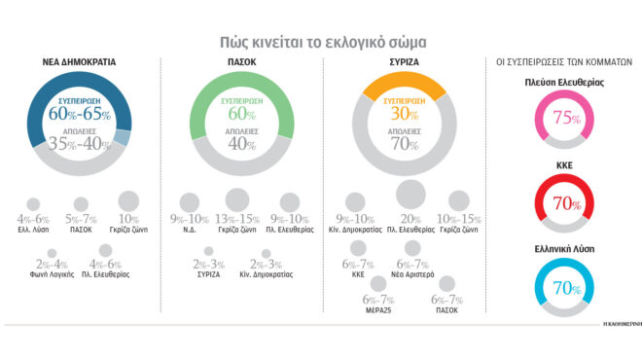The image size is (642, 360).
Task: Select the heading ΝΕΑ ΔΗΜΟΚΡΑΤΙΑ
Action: (x=80, y=62)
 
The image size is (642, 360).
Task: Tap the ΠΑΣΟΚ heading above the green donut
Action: (x=232, y=62)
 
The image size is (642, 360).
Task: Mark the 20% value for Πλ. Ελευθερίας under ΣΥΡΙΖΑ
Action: (x=410, y=220)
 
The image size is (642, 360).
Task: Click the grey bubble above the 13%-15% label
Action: (x=237, y=200)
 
